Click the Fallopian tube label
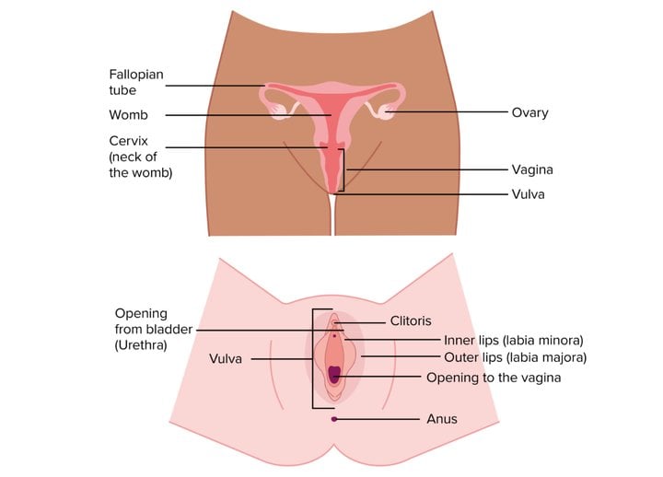pyautogui.click(x=136, y=82)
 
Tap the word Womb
pyautogui.click(x=129, y=114)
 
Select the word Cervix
pyautogui.click(x=129, y=141)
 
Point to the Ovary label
pyautogui.click(x=529, y=112)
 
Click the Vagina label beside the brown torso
pyautogui.click(x=532, y=169)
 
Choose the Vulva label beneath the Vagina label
pyautogui.click(x=529, y=194)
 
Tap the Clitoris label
pyautogui.click(x=411, y=321)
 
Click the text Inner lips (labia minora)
pyautogui.click(x=513, y=340)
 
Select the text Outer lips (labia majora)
pyautogui.click(x=515, y=357)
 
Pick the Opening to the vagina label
pyautogui.click(x=494, y=378)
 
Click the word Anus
pyautogui.click(x=442, y=419)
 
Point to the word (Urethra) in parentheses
pyautogui.click(x=141, y=345)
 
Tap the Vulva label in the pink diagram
pyautogui.click(x=226, y=359)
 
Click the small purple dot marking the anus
pyautogui.click(x=334, y=419)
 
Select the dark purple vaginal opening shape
pyautogui.click(x=334, y=375)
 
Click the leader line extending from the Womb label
pyautogui.click(x=249, y=115)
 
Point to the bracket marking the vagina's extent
pyautogui.click(x=343, y=170)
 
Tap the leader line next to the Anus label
pyautogui.click(x=378, y=419)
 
